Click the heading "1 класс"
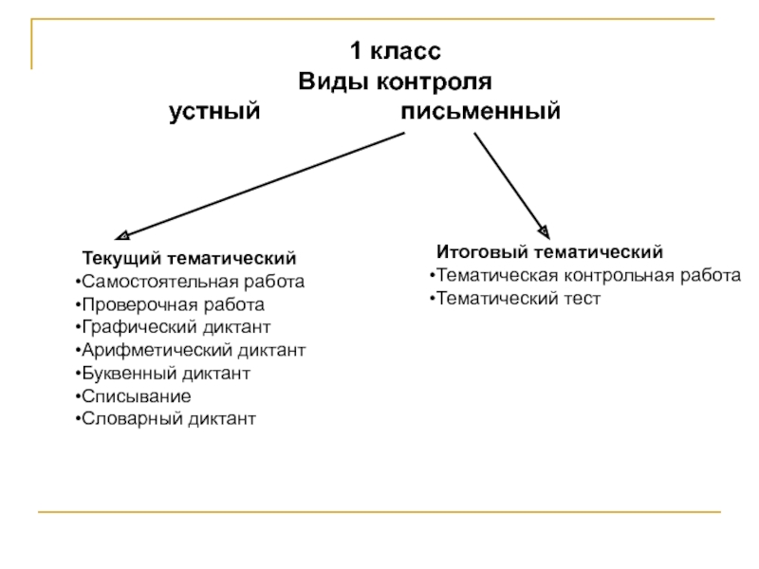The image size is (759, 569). pyautogui.click(x=394, y=50)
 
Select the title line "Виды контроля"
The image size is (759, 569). pyautogui.click(x=395, y=81)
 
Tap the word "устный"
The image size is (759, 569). pyautogui.click(x=214, y=113)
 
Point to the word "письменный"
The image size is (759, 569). pyautogui.click(x=480, y=113)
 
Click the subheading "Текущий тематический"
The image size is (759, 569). pyautogui.click(x=189, y=259)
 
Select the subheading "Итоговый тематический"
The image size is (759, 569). pyautogui.click(x=549, y=252)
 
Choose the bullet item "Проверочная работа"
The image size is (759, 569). pyautogui.click(x=173, y=305)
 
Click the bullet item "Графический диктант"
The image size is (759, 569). pyautogui.click(x=176, y=327)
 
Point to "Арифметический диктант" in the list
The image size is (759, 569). pyautogui.click(x=193, y=351)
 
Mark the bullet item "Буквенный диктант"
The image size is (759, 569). pyautogui.click(x=165, y=374)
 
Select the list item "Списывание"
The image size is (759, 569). pyautogui.click(x=136, y=396)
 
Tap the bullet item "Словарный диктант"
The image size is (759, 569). pyautogui.click(x=168, y=419)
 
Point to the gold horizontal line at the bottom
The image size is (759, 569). pyautogui.click(x=379, y=513)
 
